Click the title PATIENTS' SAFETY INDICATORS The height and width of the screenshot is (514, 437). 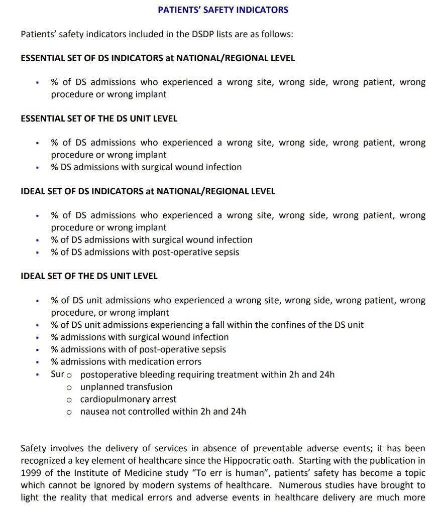223,10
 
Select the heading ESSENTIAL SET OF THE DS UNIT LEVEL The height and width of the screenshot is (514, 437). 99,119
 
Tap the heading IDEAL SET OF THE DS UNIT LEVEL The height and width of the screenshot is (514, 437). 89,276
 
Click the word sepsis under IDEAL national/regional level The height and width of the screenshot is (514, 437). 226,252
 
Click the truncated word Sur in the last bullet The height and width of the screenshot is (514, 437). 57,374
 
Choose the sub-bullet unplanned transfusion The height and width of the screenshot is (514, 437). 126,387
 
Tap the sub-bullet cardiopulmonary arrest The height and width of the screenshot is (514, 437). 128,400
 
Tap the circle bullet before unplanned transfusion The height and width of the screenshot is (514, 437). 69,388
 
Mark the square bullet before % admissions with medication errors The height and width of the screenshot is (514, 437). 37,362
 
